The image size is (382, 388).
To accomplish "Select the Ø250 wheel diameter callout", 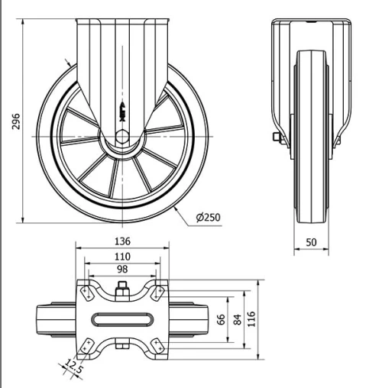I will (208, 218).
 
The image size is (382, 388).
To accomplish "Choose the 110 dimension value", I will (122, 257).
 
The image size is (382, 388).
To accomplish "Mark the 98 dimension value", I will (122, 270).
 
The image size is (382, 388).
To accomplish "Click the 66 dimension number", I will (222, 318).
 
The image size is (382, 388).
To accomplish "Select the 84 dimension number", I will (238, 318).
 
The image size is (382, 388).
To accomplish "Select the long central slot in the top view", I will (122, 318).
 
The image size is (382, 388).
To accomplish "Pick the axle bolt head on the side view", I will (276, 138).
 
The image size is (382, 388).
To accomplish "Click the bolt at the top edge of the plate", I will (122, 289).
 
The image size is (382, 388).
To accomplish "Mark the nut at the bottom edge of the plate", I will (122, 348).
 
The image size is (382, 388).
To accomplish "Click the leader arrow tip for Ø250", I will (174, 205).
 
